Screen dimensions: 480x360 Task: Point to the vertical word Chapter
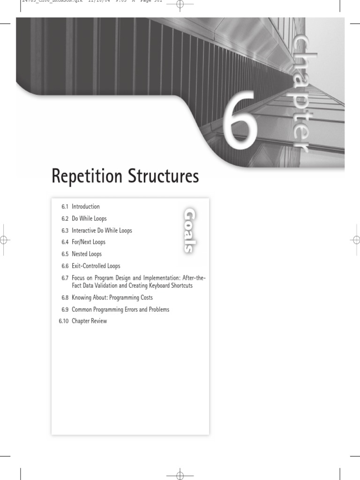299,93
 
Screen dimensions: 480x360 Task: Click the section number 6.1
65,207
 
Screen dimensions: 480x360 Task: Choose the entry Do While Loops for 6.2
89,219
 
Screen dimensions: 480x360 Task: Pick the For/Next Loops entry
89,242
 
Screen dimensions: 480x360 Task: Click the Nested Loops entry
87,254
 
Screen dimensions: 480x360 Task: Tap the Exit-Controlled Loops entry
96,266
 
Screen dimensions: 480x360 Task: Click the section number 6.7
65,278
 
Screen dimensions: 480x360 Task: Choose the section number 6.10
63,321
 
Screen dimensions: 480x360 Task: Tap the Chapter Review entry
89,321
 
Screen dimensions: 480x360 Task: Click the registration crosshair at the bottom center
180,476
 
